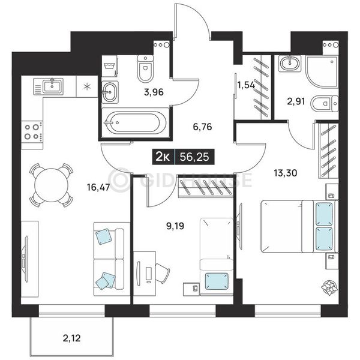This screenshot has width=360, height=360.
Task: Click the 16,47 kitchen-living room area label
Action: [x=98, y=187]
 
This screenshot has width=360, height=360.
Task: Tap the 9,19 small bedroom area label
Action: [x=175, y=226]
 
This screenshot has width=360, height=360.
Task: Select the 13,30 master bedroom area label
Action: [x=286, y=173]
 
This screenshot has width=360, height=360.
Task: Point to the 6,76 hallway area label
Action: [x=202, y=127]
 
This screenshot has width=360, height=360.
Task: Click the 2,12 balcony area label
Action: [x=71, y=338]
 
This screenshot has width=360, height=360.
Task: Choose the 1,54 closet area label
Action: [x=246, y=85]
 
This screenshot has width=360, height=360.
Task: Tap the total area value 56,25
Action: [x=194, y=157]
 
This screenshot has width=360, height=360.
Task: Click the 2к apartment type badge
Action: [x=163, y=157]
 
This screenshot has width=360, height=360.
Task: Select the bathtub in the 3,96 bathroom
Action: [x=134, y=123]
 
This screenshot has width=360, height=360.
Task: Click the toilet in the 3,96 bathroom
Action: [x=145, y=68]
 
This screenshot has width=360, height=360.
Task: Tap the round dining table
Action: [x=52, y=185]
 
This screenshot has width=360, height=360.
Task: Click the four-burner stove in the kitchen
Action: [x=32, y=132]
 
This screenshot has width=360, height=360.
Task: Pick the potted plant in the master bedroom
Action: [x=329, y=287]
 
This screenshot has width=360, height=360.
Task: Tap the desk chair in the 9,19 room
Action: [x=163, y=274]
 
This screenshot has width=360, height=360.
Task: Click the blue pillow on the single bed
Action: [x=217, y=281]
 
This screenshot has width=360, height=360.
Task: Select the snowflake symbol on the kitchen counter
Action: [x=86, y=87]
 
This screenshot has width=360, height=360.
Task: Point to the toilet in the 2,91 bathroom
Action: [x=325, y=104]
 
